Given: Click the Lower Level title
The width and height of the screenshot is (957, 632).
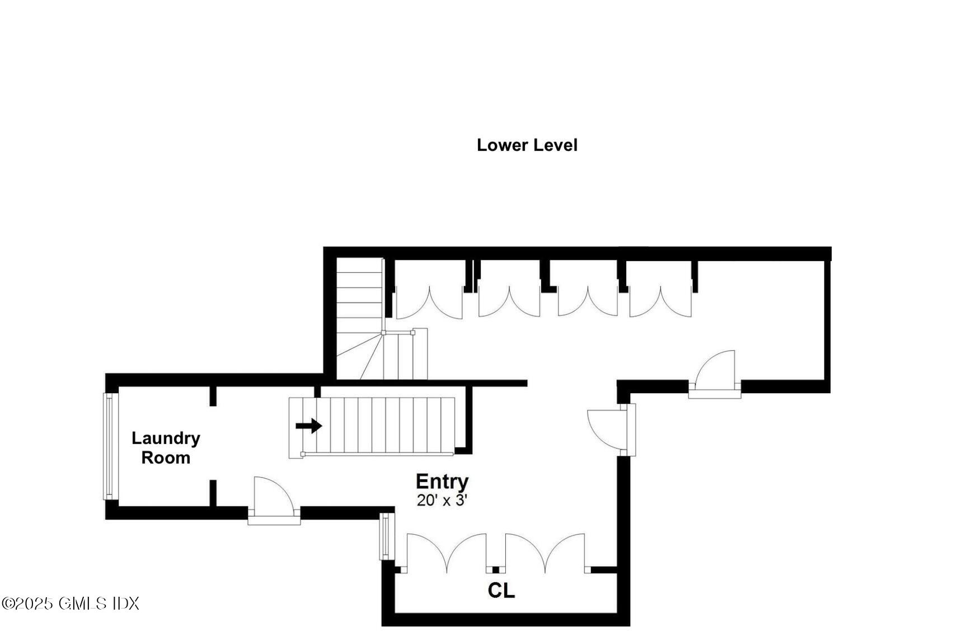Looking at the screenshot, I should point(526,145).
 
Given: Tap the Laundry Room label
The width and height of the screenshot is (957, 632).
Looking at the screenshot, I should point(166,447).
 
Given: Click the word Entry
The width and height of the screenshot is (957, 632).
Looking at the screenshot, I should point(442,481).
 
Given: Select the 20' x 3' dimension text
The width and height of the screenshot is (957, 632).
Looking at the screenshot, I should point(442,500).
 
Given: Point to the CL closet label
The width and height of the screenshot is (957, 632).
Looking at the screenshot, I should point(501,590).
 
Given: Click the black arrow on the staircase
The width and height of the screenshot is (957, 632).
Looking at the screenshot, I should point(308,426).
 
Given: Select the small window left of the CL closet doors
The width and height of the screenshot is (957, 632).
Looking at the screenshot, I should point(386,536).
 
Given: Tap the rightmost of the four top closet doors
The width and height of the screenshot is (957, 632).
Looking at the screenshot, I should point(660,302).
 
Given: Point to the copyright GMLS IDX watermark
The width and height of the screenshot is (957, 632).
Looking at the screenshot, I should point(70,603).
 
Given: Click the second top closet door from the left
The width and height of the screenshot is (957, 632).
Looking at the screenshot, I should point(509,302).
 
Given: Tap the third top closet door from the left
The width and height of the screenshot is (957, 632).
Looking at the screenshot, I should point(588,302).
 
